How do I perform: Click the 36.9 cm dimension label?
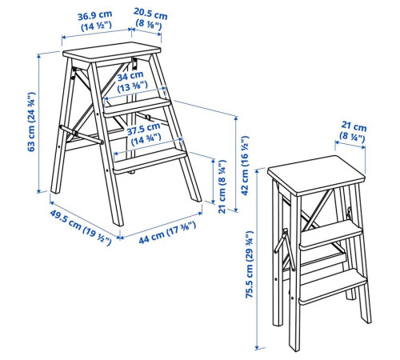[95, 21]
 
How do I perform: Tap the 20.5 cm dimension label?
[150, 18]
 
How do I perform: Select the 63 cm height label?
[31, 122]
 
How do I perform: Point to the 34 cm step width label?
[131, 81]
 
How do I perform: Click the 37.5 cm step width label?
[144, 134]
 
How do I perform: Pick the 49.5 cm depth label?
[81, 227]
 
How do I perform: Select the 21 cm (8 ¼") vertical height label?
[222, 186]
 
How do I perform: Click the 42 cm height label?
[245, 166]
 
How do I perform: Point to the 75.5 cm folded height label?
[250, 265]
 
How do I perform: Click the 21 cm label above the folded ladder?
[353, 130]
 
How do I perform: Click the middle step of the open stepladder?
[137, 106]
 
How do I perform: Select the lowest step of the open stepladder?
[150, 161]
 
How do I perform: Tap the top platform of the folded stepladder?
[316, 175]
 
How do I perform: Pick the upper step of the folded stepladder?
[331, 235]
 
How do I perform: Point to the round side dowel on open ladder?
[82, 134]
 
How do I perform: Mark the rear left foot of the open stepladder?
[55, 190]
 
